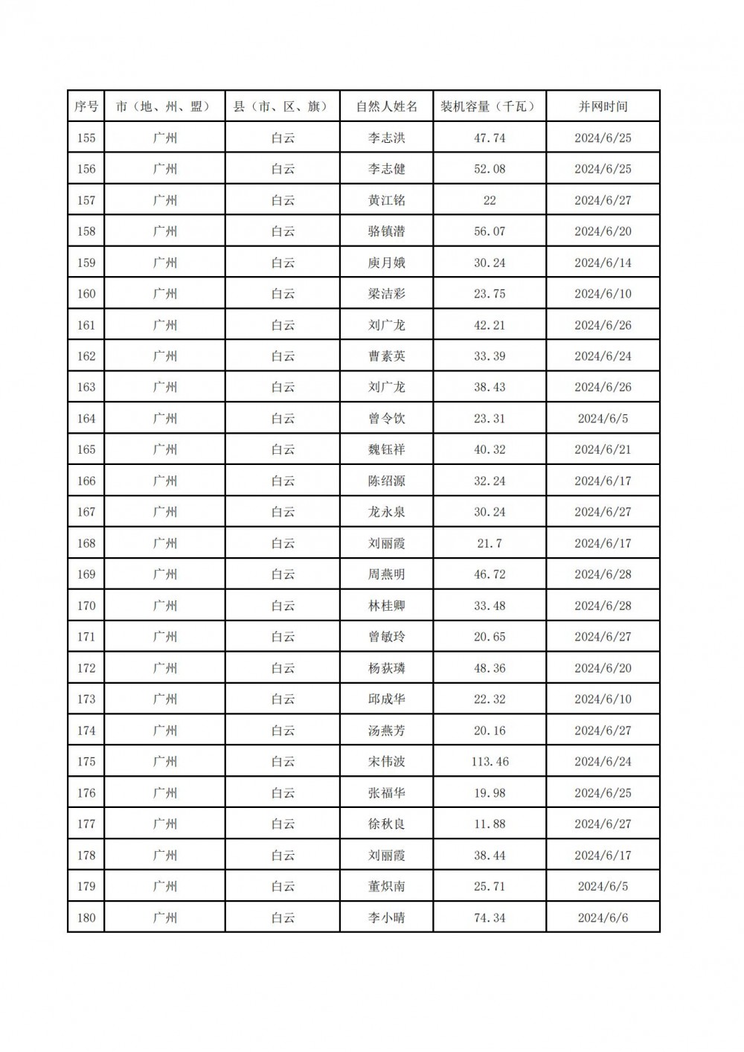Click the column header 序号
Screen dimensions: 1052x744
[x=86, y=106]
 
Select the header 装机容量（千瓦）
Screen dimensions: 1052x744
[x=489, y=106]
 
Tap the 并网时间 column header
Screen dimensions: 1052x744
[x=603, y=106]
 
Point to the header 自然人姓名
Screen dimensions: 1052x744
[x=387, y=106]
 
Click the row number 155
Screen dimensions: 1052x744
[x=86, y=138]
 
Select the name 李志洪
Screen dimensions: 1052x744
[x=387, y=138]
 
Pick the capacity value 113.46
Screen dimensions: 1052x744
[x=490, y=761]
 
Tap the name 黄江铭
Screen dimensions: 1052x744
[x=387, y=200]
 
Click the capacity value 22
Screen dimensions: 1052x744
[x=490, y=200]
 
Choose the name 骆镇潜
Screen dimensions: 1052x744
[x=387, y=231]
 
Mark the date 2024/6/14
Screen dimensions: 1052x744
[x=603, y=263]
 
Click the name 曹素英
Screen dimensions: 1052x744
[x=387, y=356]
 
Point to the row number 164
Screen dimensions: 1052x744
[x=86, y=418]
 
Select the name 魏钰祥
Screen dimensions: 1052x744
[x=387, y=449]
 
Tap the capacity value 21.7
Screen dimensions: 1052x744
[x=490, y=543]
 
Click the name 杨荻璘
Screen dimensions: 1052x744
[x=387, y=668]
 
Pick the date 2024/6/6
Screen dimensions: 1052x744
[x=603, y=917]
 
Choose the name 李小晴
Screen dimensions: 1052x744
[x=387, y=917]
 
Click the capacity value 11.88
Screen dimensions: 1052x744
[x=490, y=824]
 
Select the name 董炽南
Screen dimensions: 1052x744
[x=387, y=886]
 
